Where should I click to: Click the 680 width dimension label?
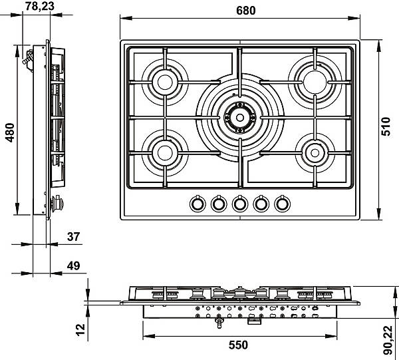pyautogui.click(x=245, y=11)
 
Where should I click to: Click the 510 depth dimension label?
pyautogui.click(x=386, y=126)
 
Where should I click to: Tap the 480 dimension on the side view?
pyautogui.click(x=10, y=132)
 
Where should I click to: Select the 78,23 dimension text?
pyautogui.click(x=40, y=6)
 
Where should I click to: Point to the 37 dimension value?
pyautogui.click(x=74, y=237)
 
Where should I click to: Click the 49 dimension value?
pyautogui.click(x=74, y=266)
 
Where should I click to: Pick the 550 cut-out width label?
pyautogui.click(x=238, y=345)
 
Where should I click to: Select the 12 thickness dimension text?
pyautogui.click(x=80, y=330)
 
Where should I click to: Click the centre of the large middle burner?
pyautogui.click(x=239, y=118)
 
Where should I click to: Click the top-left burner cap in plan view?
pyautogui.click(x=165, y=83)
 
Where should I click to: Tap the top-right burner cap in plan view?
pyautogui.click(x=315, y=82)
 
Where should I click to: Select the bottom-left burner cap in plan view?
pyautogui.click(x=165, y=152)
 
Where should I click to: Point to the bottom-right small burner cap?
pyautogui.click(x=315, y=153)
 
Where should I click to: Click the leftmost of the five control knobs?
pyautogui.click(x=198, y=204)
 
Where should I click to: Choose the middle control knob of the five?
pyautogui.click(x=239, y=204)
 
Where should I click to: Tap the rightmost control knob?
pyautogui.click(x=282, y=204)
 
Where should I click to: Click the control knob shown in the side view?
pyautogui.click(x=57, y=203)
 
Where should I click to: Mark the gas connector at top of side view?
pyautogui.click(x=28, y=59)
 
